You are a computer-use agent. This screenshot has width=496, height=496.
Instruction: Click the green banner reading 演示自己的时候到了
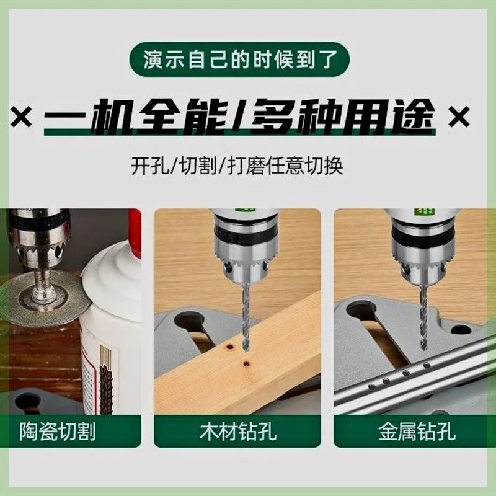point(248,62)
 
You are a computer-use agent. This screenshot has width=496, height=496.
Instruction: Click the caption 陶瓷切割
point(59,430)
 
